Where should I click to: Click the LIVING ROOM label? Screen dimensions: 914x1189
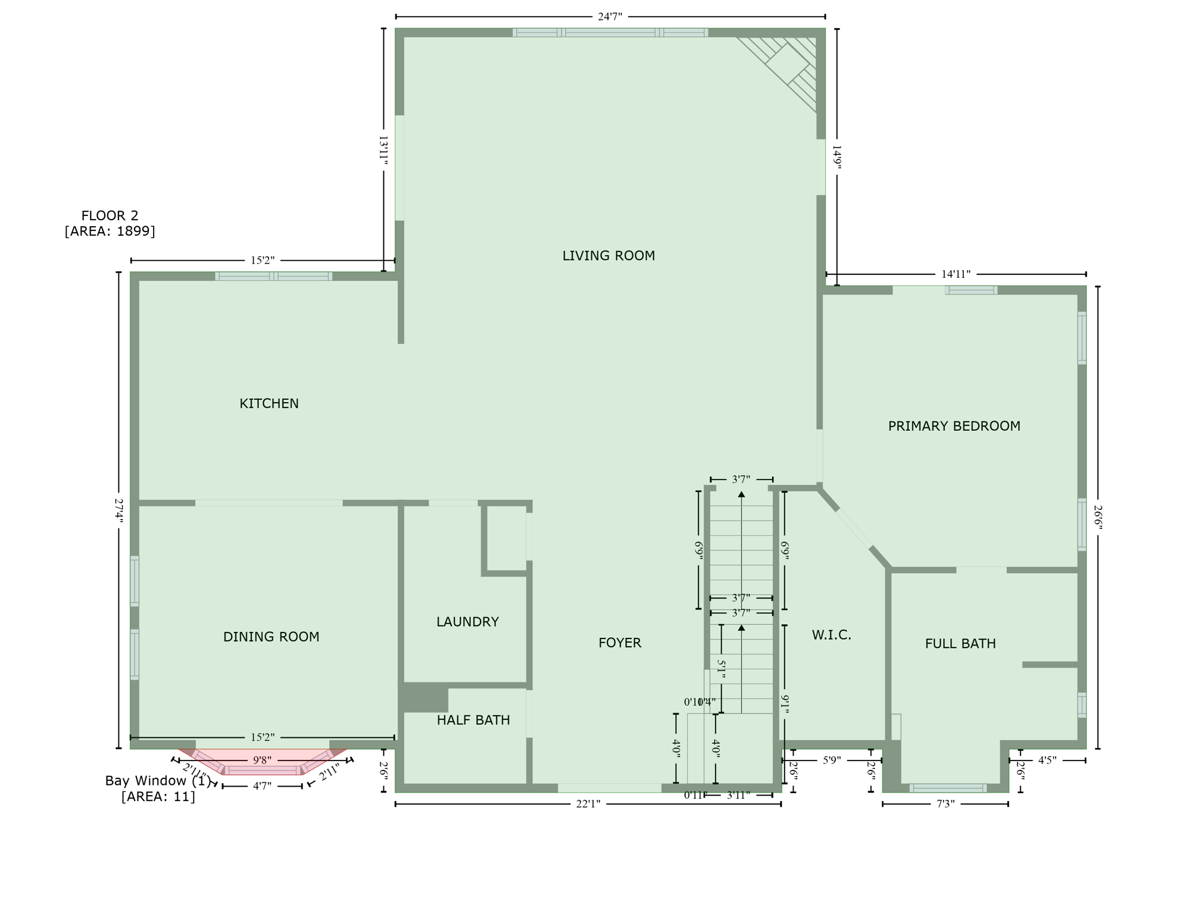[608, 256]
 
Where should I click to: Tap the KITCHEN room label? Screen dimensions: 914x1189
[269, 403]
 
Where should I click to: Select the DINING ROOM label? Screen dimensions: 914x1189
[271, 637]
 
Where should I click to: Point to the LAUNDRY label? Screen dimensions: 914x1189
[467, 622]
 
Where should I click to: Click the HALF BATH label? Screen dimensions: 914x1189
[473, 720]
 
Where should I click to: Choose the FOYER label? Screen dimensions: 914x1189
[620, 643]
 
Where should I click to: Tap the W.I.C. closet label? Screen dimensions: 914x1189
[831, 635]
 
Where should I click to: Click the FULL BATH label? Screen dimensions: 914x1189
[960, 643]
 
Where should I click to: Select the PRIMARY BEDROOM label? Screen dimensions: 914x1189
[954, 426]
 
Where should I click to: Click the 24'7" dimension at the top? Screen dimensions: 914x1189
[610, 17]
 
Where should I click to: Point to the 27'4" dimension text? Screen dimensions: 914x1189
[119, 511]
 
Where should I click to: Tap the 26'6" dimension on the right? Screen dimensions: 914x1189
[1098, 518]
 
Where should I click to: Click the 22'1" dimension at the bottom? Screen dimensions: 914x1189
[588, 804]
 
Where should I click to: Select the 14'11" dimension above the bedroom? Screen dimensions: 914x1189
[956, 274]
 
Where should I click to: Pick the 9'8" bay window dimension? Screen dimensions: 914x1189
[262, 760]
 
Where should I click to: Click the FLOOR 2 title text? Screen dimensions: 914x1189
[110, 215]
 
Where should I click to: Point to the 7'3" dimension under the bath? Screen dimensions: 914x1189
[945, 804]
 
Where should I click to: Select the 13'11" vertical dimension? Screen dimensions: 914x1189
[383, 150]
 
